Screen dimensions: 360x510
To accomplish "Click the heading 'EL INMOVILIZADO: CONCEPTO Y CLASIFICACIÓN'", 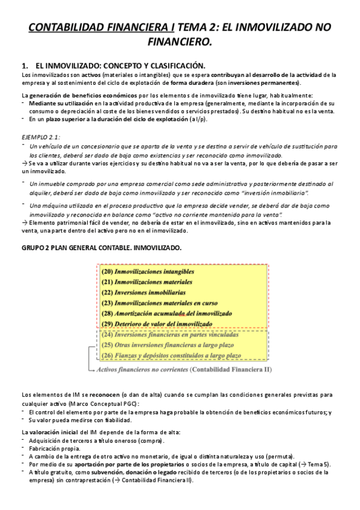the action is pyautogui.click(x=120, y=65).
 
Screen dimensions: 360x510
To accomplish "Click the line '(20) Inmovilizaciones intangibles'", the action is pyautogui.click(x=148, y=272).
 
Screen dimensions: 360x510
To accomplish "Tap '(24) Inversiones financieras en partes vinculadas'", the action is pyautogui.click(x=170, y=334).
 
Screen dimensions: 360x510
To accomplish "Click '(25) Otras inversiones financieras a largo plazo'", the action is pyautogui.click(x=168, y=345).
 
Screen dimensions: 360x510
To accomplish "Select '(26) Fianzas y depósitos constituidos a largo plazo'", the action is pyautogui.click(x=171, y=355).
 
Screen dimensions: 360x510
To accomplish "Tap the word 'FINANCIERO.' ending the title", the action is pyautogui.click(x=180, y=42).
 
